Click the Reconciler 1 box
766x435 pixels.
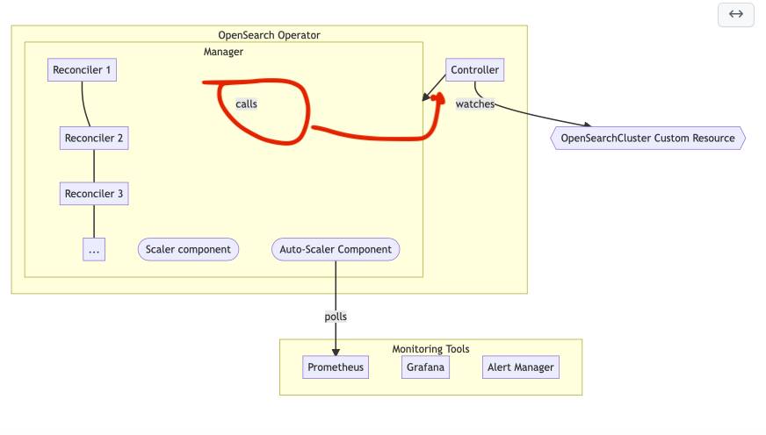(x=83, y=70)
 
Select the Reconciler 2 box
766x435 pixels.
(x=94, y=138)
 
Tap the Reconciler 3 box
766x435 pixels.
(x=94, y=194)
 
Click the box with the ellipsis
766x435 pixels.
(x=94, y=250)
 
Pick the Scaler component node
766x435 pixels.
(x=188, y=249)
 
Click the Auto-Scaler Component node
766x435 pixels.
(x=336, y=249)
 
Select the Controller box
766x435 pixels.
(x=474, y=70)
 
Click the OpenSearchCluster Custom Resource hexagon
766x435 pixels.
(x=647, y=138)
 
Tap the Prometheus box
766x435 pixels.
(x=336, y=367)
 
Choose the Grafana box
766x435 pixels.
(x=426, y=367)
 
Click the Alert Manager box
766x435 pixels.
(x=521, y=367)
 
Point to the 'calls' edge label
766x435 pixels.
(x=247, y=103)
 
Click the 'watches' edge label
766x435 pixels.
(x=474, y=103)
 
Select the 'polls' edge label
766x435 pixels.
(x=336, y=317)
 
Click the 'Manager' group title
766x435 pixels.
(x=223, y=52)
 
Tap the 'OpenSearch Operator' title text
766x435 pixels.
(x=269, y=35)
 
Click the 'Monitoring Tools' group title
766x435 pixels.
(x=430, y=349)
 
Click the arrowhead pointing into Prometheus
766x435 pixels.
(x=336, y=353)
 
